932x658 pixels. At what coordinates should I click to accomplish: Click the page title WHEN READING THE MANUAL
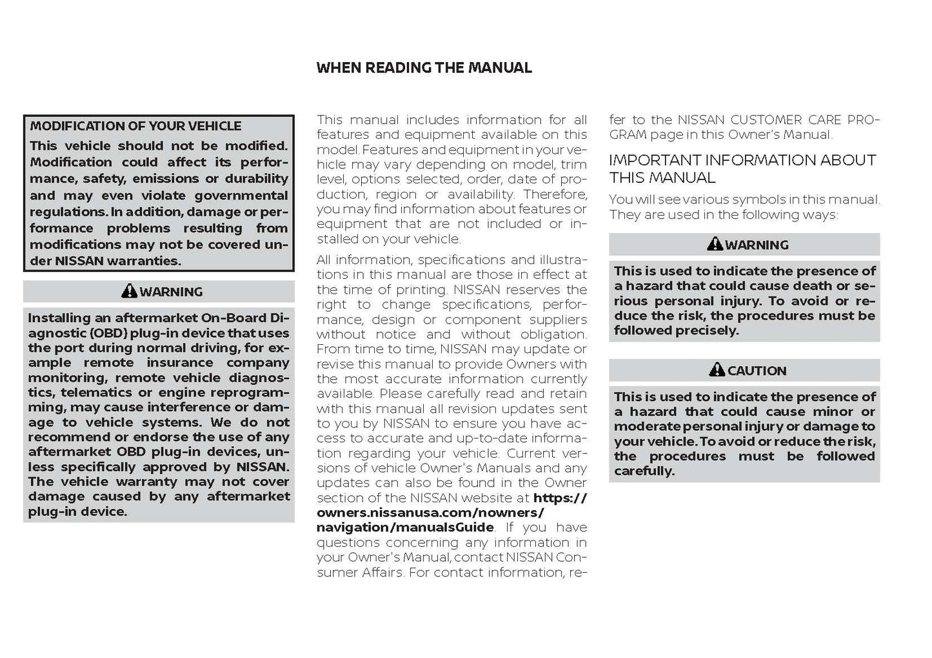[424, 68]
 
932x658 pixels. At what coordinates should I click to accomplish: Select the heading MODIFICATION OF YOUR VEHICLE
[135, 126]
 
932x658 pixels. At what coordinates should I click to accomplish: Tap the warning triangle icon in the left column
[129, 291]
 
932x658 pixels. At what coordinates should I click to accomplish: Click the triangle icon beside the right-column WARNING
[715, 244]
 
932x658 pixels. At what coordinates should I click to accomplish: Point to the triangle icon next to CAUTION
[717, 370]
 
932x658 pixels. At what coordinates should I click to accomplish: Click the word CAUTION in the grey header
[757, 371]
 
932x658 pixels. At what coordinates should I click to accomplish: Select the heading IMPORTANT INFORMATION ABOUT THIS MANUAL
[742, 169]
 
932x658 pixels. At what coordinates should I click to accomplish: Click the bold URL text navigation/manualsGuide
[405, 528]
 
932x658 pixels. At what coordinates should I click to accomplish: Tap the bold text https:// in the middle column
[560, 498]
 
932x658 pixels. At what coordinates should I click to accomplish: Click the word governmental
[241, 195]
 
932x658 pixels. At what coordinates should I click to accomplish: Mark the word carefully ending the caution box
[644, 471]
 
